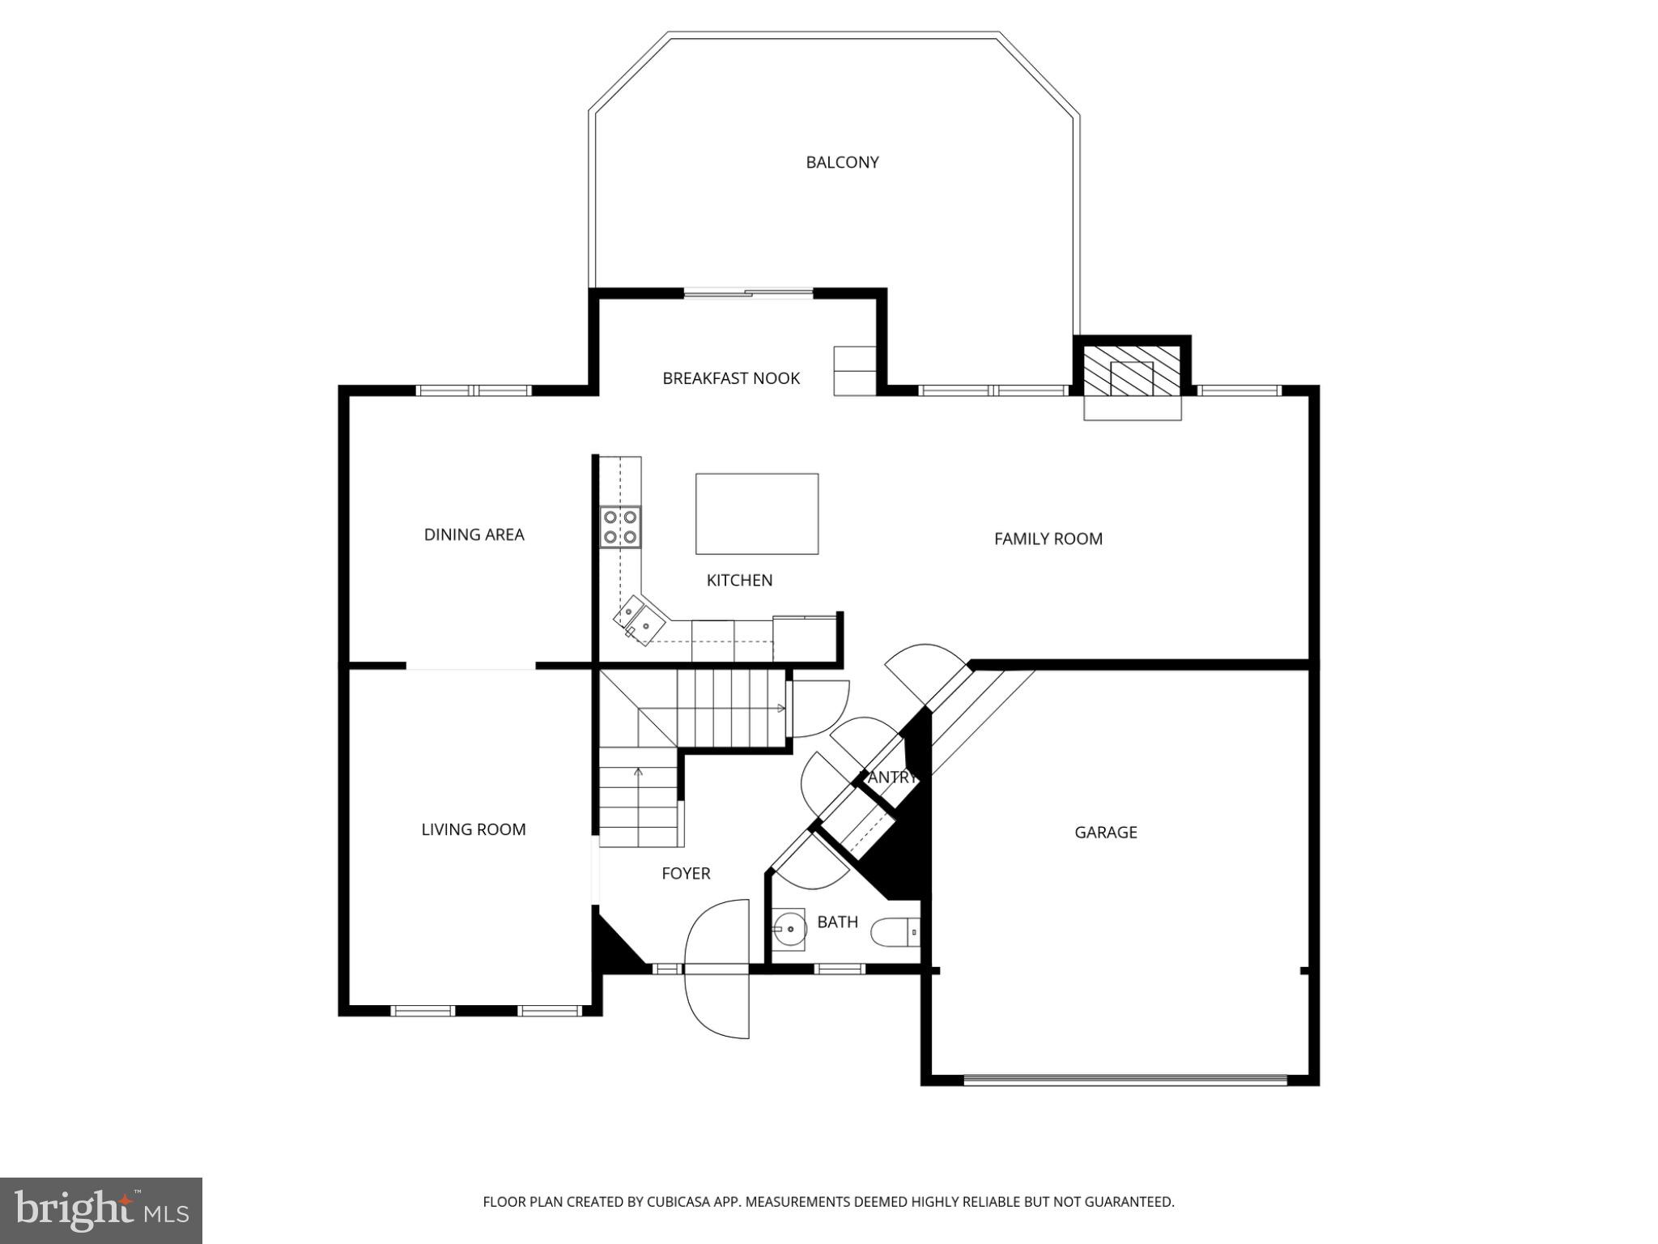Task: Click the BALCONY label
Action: pos(842,163)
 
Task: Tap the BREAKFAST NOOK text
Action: pos(730,378)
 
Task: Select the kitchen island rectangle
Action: pos(757,514)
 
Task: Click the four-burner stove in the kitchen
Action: pos(620,526)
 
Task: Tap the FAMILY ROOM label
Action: pos(1048,539)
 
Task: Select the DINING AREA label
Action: pos(474,535)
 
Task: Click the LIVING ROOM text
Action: pos(473,829)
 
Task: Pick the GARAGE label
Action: pos(1105,833)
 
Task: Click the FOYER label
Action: pos(686,873)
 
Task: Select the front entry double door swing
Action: pos(717,969)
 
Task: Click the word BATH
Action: pos(837,922)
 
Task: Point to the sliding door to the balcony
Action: pos(749,294)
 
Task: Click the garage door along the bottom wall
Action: pos(1125,1079)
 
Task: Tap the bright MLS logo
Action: pos(101,1211)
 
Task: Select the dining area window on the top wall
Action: pos(474,390)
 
